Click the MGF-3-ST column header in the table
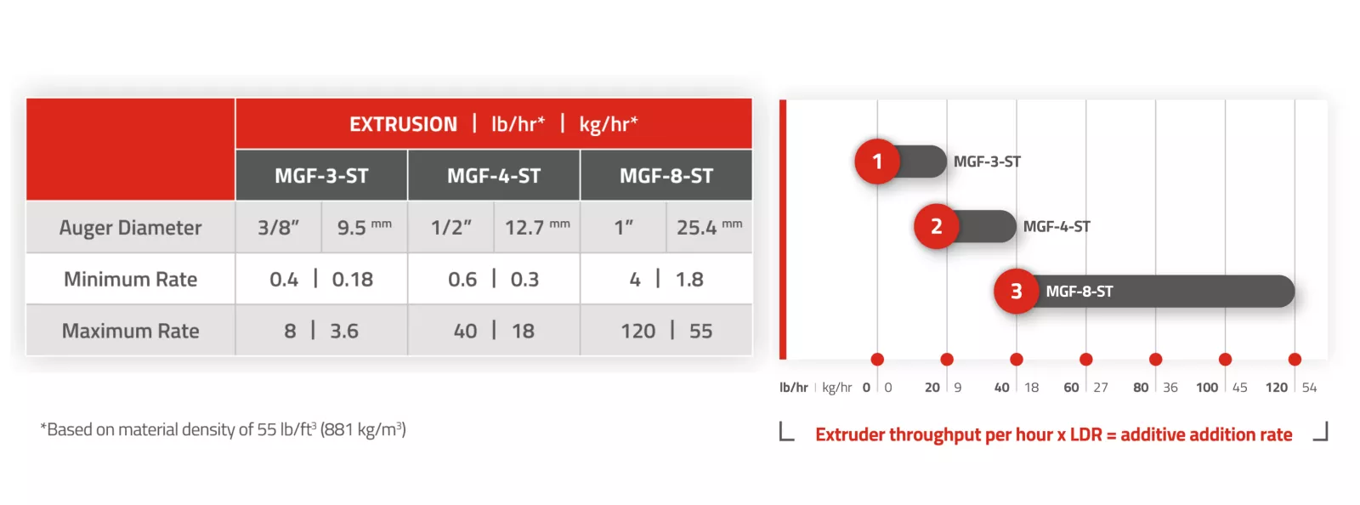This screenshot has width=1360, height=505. [321, 175]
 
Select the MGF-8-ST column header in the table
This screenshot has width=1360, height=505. [666, 175]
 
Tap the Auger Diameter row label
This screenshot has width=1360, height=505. [130, 228]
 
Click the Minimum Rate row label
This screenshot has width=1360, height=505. [130, 279]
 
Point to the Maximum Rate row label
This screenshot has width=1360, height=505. [130, 331]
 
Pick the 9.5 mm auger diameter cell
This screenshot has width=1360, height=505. [365, 228]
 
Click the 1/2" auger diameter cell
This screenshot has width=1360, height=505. [450, 228]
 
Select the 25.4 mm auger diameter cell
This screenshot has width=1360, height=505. [709, 228]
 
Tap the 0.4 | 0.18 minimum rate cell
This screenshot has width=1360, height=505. [321, 279]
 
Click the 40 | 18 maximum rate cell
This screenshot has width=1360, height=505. [494, 331]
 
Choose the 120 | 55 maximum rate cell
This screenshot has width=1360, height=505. [666, 331]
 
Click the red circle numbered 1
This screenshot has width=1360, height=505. [877, 162]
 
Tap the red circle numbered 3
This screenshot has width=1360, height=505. [1017, 292]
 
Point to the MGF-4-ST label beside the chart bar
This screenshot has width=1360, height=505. [1057, 226]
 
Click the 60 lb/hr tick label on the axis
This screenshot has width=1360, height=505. [1071, 387]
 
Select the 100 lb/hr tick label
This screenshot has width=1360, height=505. [1207, 387]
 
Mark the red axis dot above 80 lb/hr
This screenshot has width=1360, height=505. [1155, 360]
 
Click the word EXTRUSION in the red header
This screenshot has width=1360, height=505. [403, 124]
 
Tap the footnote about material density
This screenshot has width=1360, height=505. [223, 429]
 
